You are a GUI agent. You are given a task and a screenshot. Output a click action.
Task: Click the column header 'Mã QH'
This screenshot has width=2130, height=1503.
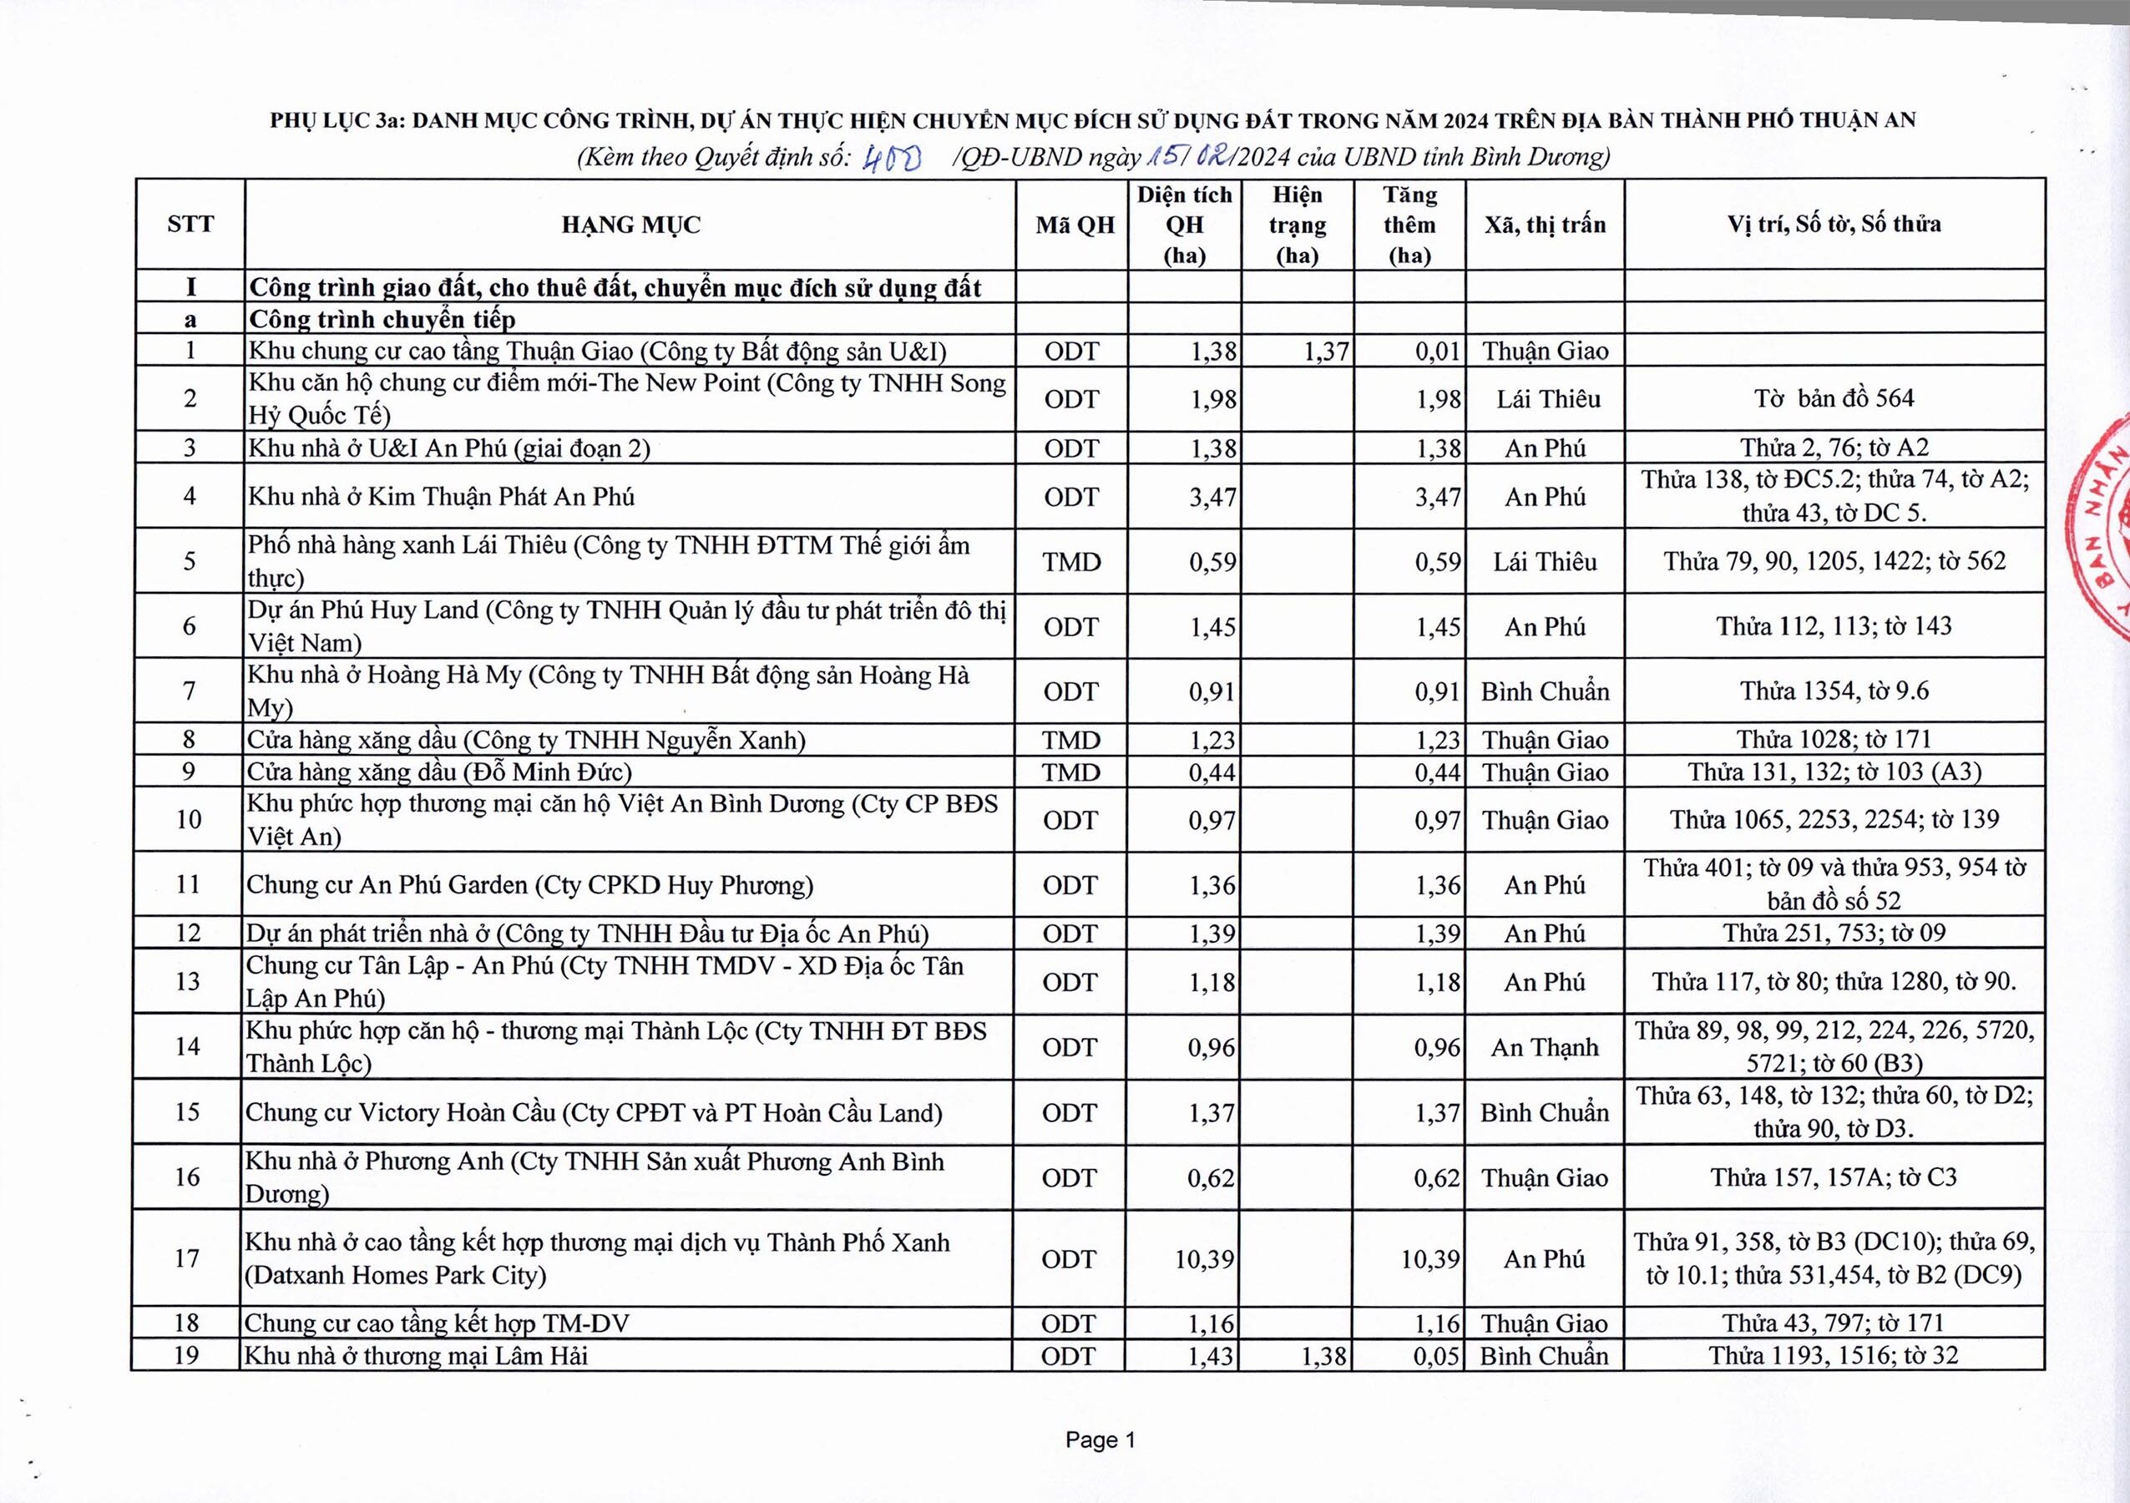[x=1075, y=225]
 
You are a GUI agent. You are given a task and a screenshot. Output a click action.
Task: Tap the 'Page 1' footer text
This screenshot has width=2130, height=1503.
[x=1100, y=1440]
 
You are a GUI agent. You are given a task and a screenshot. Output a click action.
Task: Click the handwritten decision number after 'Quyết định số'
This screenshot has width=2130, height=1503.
[x=891, y=159]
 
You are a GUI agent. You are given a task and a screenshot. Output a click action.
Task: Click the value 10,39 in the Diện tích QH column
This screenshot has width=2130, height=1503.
[x=1204, y=1259]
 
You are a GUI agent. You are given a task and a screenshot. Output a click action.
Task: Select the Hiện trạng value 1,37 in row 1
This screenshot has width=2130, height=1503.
[x=1325, y=351]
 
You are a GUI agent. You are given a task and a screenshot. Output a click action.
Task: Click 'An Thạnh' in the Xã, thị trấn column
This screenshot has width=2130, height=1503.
[x=1545, y=1047]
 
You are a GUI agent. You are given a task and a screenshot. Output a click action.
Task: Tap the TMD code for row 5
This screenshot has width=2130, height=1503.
[x=1071, y=561]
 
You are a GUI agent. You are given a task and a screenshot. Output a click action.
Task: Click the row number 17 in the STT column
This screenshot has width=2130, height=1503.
[x=187, y=1258]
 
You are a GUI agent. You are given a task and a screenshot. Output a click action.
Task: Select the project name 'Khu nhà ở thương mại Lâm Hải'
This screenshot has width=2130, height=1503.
[x=416, y=1355]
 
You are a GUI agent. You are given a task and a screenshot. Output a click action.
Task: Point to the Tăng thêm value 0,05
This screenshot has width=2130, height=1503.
[x=1437, y=1356]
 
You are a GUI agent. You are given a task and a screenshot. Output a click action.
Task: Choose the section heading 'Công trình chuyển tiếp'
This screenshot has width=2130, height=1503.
[x=382, y=319]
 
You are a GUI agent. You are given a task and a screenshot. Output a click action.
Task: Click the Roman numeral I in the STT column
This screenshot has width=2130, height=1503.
[x=190, y=286]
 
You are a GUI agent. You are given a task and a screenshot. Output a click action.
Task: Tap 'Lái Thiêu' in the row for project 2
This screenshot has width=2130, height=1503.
[x=1547, y=399]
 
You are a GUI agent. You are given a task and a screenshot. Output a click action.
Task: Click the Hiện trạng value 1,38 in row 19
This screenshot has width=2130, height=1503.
[x=1323, y=1356]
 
